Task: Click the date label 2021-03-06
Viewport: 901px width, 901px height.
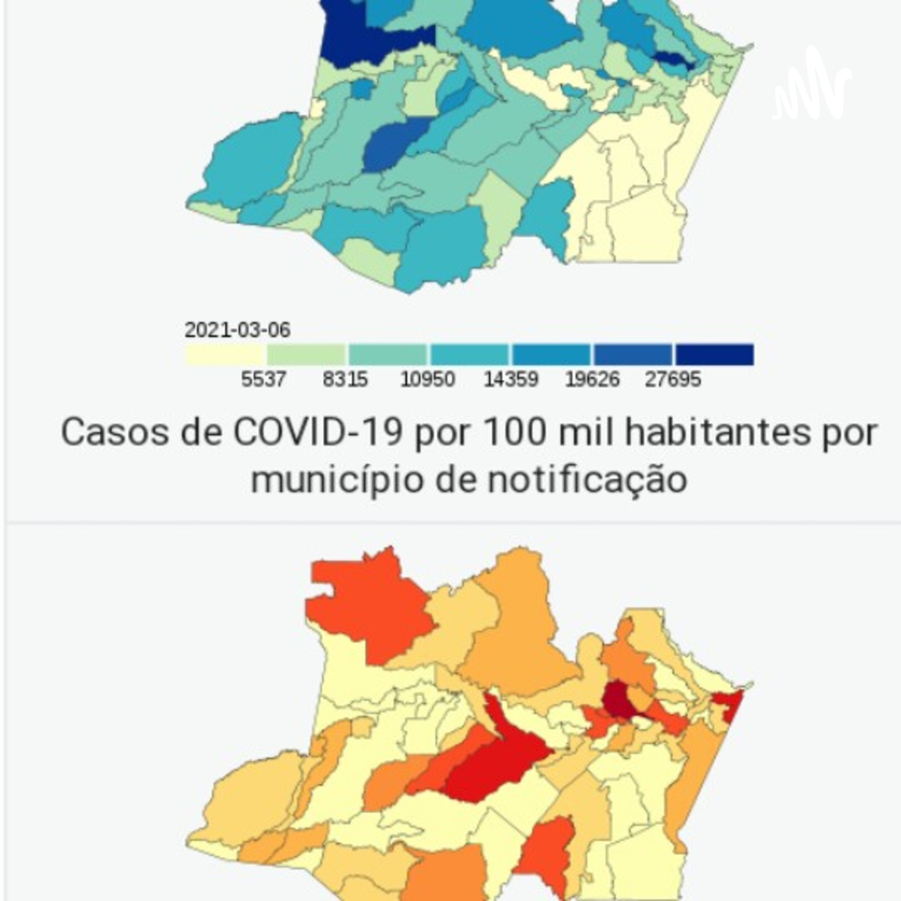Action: (x=237, y=330)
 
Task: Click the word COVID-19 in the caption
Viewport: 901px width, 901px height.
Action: (x=317, y=432)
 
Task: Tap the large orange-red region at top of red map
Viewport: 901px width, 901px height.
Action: (x=369, y=606)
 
